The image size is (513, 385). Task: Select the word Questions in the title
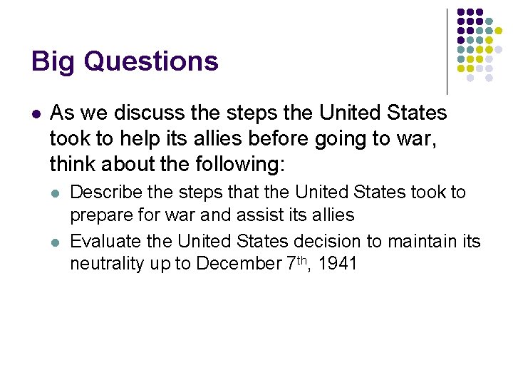(x=151, y=62)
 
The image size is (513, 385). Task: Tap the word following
(x=239, y=165)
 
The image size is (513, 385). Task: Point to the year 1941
(x=337, y=263)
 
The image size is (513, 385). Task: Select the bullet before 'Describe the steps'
(x=56, y=193)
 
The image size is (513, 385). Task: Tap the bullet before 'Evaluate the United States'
(x=56, y=242)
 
